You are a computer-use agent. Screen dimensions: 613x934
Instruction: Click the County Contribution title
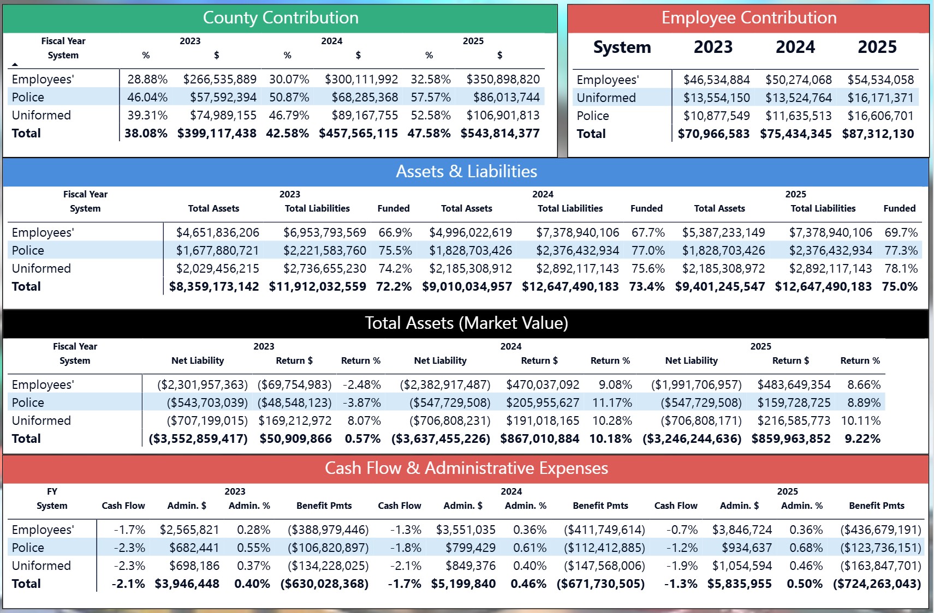[x=281, y=17]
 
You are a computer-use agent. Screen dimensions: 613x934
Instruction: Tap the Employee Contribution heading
[x=749, y=17]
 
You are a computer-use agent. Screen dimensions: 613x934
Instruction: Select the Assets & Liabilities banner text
[x=466, y=171]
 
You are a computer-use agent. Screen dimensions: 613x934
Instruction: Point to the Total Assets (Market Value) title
[x=466, y=323]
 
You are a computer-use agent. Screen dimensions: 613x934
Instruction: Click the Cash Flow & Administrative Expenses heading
[x=466, y=468]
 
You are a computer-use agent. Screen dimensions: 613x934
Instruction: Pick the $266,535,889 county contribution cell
[x=219, y=79]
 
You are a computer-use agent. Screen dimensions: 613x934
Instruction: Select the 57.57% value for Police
[x=431, y=97]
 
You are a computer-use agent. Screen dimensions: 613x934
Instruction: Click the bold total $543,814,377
[x=500, y=133]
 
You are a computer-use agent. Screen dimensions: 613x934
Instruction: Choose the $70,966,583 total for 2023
[x=713, y=134]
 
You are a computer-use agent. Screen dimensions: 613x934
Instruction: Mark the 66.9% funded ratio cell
[x=395, y=232]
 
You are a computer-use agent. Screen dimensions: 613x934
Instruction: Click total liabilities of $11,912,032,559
[x=317, y=286]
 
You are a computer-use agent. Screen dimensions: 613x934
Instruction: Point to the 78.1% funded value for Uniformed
[x=901, y=268]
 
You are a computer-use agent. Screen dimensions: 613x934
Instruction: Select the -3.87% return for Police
[x=361, y=402]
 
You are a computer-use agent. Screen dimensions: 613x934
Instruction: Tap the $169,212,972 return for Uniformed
[x=295, y=420]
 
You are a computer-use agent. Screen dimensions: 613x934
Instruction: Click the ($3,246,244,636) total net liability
[x=692, y=438]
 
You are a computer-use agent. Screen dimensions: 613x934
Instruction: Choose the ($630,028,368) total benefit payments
[x=324, y=584]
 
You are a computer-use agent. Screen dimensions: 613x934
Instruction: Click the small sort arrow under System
[x=15, y=64]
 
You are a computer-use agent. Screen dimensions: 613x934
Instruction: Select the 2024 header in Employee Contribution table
[x=795, y=47]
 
